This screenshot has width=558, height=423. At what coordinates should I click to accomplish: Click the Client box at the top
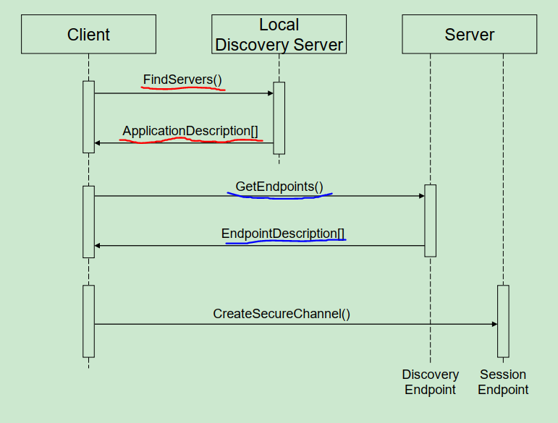88,34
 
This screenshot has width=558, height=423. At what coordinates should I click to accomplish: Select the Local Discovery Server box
279,34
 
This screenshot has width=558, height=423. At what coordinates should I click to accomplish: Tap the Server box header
470,34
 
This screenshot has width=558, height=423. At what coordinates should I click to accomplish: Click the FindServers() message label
182,80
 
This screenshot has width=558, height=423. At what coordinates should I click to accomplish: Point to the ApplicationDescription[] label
190,131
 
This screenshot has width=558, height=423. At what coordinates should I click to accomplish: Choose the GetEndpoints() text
279,187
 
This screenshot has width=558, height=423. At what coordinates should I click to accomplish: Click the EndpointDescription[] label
283,234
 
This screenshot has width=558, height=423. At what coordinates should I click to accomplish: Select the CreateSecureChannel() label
282,314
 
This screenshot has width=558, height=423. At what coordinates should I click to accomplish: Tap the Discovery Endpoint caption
430,382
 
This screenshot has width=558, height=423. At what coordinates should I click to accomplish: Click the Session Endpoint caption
503,382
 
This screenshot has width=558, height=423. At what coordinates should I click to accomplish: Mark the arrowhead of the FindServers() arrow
271,93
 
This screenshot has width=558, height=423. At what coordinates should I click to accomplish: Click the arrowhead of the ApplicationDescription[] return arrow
97,143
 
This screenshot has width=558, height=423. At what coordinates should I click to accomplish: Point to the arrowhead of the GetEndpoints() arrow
422,196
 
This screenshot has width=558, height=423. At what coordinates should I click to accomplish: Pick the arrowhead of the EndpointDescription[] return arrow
97,246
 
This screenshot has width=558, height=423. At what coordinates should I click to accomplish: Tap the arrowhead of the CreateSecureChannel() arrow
494,324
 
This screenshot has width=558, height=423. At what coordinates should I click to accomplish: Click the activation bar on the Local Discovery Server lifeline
279,118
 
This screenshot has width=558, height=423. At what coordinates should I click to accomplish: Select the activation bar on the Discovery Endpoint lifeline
430,221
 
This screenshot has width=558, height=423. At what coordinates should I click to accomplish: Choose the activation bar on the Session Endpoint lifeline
503,321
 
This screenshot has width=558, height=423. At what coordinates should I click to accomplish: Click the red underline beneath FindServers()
183,88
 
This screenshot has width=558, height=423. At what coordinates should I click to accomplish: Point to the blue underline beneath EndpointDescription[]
286,242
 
